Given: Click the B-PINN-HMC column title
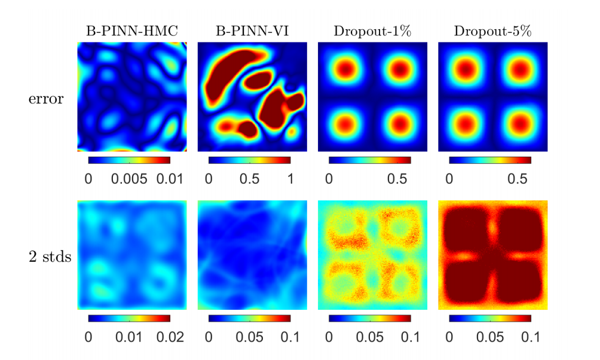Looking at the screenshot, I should [x=132, y=32].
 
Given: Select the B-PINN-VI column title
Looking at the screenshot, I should [x=252, y=32].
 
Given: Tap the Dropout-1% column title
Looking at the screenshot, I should [x=372, y=32].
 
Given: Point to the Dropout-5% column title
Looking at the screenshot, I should [x=492, y=32].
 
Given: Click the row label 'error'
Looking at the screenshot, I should [x=45, y=99].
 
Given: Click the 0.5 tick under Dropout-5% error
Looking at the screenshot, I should [x=524, y=179].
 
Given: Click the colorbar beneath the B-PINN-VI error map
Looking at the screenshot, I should [x=250, y=160].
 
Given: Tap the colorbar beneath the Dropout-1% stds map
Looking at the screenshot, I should [x=370, y=318].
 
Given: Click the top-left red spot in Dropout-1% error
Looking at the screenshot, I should [x=345, y=69].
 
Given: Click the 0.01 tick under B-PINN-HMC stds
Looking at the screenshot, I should [x=130, y=337].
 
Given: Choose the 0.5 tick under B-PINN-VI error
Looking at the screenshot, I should [x=249, y=179].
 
